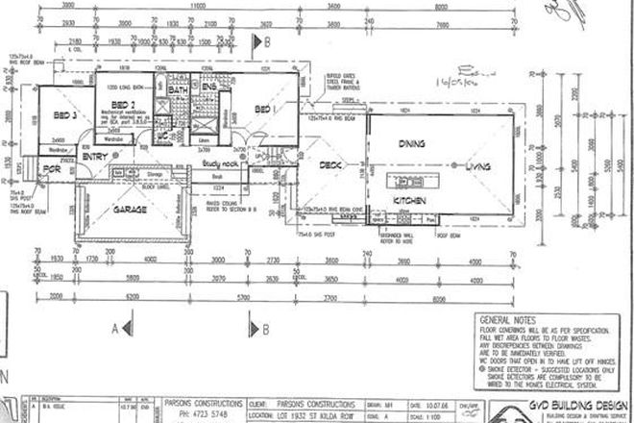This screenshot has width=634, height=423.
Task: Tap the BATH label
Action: (180, 91)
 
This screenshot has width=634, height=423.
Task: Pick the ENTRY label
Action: (96, 156)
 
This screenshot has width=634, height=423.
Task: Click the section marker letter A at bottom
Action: (115, 327)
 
